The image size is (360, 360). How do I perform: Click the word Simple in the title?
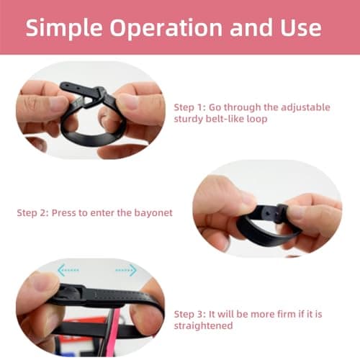point(64,28)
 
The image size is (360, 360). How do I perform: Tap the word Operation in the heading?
point(166,28)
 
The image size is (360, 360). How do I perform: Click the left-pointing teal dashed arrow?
point(68,270)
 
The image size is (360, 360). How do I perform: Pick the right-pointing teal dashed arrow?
point(126,270)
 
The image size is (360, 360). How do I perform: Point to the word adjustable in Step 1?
point(305,108)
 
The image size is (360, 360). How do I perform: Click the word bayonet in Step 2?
point(153,213)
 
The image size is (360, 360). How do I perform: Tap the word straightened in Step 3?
point(203,326)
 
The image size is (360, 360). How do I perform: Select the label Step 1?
point(190,108)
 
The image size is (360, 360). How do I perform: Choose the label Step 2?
point(32,213)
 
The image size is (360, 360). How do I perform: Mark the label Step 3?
point(190,315)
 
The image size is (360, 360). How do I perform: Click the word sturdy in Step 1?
point(189,120)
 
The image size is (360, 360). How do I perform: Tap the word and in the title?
point(251,28)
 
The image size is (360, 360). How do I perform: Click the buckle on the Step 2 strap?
point(282,213)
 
